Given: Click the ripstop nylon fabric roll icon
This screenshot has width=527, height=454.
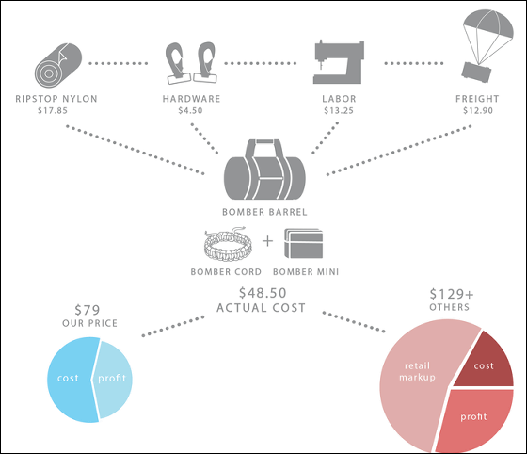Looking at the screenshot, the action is [58, 65].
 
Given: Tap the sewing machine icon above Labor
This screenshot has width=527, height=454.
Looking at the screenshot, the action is [339, 62].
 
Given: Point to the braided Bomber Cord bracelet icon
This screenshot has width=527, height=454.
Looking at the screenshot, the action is [228, 245].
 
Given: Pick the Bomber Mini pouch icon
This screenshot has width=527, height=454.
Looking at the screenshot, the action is [303, 243].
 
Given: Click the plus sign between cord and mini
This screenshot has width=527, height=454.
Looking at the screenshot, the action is [267, 241].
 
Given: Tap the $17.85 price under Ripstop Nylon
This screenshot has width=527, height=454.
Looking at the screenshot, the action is [53, 110].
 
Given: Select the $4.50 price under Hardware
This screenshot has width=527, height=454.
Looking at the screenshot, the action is [190, 110].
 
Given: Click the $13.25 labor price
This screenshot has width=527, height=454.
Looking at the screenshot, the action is [339, 110].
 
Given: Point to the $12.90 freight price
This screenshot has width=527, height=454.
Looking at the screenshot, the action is [478, 110].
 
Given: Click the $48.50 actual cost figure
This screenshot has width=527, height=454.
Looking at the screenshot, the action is [263, 293].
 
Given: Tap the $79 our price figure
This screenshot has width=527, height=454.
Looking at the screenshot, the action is [87, 310].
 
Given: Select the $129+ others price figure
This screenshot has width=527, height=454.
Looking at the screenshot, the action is [452, 294].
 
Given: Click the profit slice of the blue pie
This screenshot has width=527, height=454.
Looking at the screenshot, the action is [113, 380].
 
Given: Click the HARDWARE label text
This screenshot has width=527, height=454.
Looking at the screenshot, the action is [191, 99].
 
